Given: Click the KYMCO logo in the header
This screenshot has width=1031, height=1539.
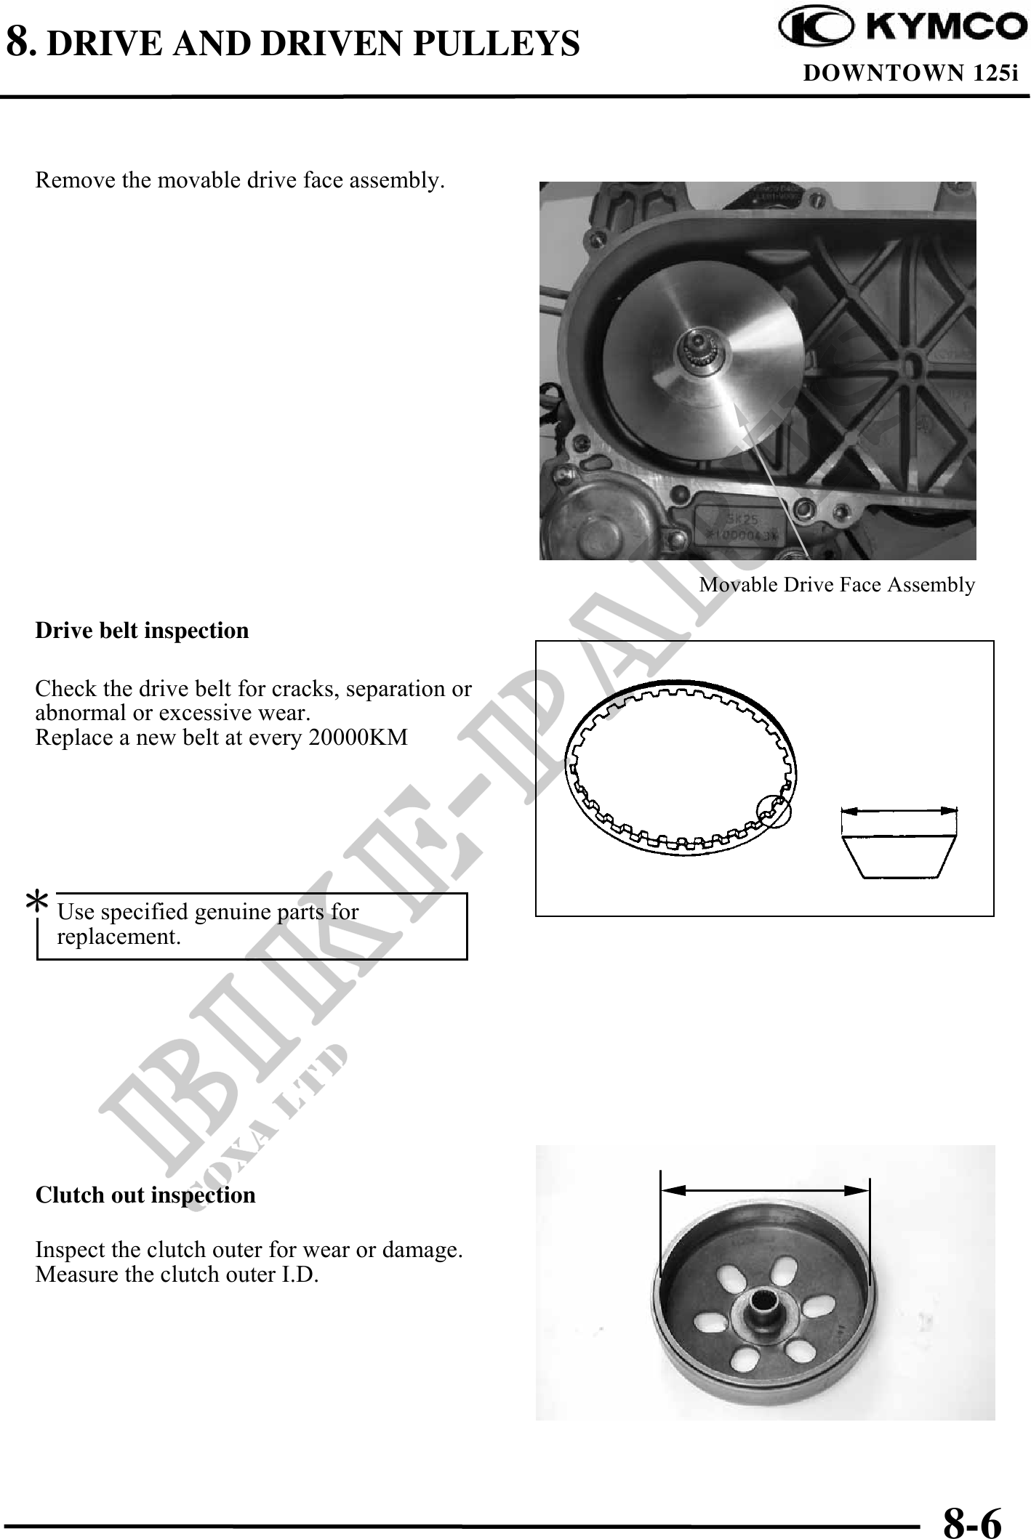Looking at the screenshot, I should click(899, 28).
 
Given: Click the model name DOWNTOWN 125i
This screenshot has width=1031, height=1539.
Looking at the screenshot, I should click(910, 73).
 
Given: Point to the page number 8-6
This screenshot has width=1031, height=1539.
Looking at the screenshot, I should click(971, 1519).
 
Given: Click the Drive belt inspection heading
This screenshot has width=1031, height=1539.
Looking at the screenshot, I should click(142, 630).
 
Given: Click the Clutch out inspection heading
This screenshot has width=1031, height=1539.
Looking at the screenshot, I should click(145, 1195).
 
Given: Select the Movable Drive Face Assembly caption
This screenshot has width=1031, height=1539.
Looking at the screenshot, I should click(836, 585).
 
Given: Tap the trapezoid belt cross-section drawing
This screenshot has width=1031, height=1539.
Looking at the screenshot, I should click(899, 856).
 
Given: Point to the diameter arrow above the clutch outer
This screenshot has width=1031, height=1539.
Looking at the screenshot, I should click(765, 1189).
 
